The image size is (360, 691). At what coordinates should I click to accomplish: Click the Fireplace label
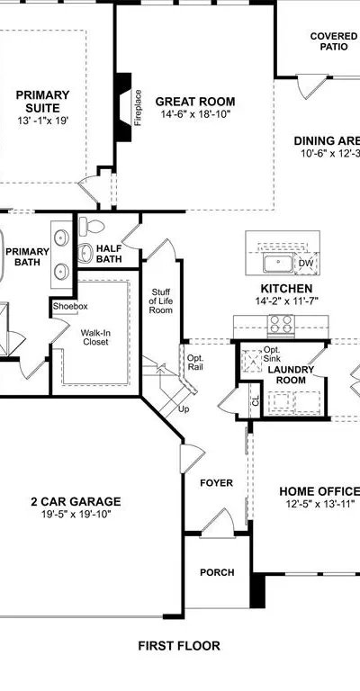[139, 108]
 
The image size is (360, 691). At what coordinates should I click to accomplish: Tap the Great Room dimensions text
[195, 114]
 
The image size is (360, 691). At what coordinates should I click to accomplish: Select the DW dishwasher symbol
[306, 264]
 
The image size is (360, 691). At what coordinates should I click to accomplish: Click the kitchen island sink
[278, 263]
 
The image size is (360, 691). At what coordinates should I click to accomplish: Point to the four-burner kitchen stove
[281, 324]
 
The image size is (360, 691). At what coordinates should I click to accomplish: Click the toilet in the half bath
[91, 227]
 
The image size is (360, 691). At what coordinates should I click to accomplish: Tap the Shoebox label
[70, 306]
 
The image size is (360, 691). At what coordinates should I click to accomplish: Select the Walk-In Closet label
[95, 337]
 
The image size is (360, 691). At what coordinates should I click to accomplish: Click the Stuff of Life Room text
[161, 301]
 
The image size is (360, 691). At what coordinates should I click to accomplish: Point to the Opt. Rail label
[194, 362]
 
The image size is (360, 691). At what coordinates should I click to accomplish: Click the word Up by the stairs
[184, 409]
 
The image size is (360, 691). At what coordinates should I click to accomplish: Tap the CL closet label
[256, 401]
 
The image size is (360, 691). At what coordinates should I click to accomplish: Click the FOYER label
[216, 483]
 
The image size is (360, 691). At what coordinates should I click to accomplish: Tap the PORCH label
[217, 572]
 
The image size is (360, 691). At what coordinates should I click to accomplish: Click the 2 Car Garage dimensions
[76, 514]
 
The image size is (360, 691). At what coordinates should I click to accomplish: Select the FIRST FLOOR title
[179, 646]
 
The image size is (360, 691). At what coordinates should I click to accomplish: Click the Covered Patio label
[334, 41]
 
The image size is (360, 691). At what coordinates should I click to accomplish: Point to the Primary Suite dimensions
[43, 121]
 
